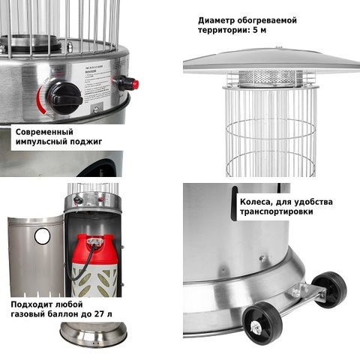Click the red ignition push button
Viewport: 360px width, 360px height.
tap(134, 84)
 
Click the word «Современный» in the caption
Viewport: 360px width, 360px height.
tap(44, 132)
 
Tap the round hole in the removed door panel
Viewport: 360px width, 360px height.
tap(42, 235)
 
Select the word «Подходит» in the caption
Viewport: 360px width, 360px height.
tap(31, 304)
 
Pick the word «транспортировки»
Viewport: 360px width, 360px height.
tap(276, 211)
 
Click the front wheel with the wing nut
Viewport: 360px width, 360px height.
tap(262, 321)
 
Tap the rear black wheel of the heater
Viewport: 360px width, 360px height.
tap(330, 289)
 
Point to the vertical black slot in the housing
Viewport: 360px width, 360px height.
tap(234, 203)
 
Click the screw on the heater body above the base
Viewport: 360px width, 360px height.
tap(262, 259)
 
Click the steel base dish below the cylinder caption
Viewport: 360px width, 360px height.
tap(94, 334)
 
